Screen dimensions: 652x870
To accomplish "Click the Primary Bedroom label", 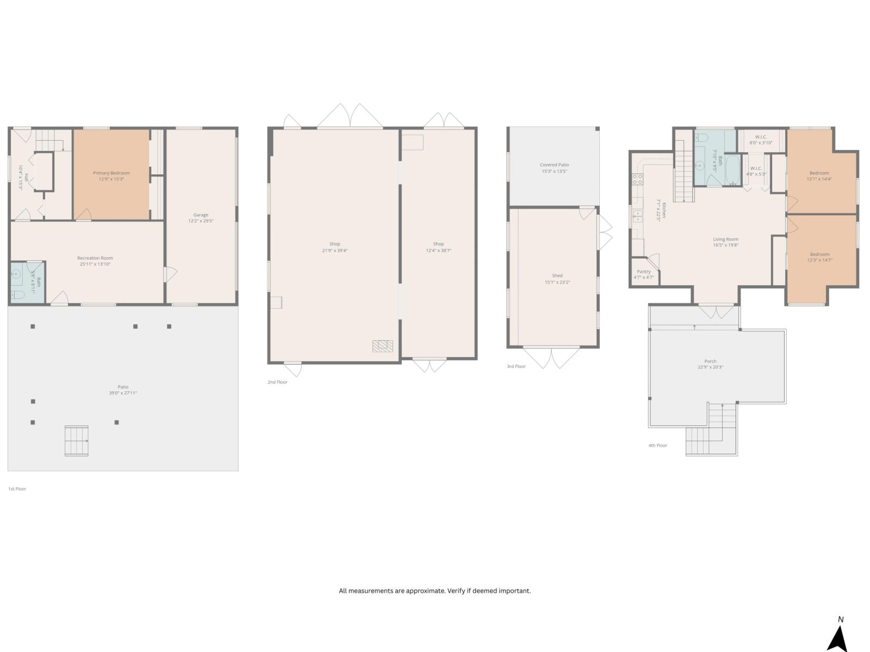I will pyautogui.click(x=111, y=173).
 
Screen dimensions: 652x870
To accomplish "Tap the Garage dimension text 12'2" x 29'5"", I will pyautogui.click(x=201, y=221).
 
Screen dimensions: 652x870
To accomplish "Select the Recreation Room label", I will pyautogui.click(x=95, y=258).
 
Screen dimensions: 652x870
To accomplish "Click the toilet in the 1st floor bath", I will pyautogui.click(x=18, y=295).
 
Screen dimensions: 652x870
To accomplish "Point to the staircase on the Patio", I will pyautogui.click(x=76, y=441).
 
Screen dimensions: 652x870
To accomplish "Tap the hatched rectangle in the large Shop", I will pyautogui.click(x=382, y=346).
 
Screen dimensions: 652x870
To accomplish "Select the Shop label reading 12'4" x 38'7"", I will pyautogui.click(x=438, y=250).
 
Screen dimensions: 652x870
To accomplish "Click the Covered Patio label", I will pyautogui.click(x=554, y=165).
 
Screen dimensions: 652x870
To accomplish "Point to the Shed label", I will pyautogui.click(x=557, y=275).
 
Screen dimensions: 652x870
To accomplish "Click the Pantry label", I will pyautogui.click(x=643, y=272).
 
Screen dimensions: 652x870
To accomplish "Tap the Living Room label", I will pyautogui.click(x=725, y=239).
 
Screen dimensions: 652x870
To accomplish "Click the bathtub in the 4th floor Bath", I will pyautogui.click(x=732, y=170).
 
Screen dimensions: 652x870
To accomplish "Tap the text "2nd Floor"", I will pyautogui.click(x=277, y=382).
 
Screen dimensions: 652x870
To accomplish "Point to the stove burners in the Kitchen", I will pyautogui.click(x=637, y=180).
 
